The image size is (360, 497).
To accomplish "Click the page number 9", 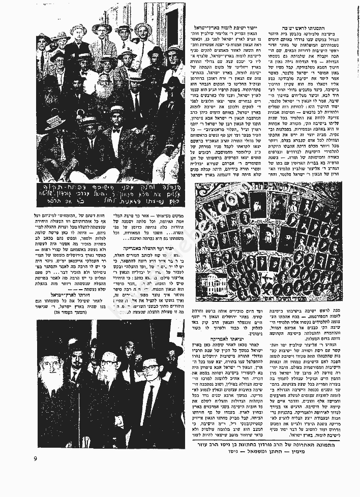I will pos(36,459).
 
